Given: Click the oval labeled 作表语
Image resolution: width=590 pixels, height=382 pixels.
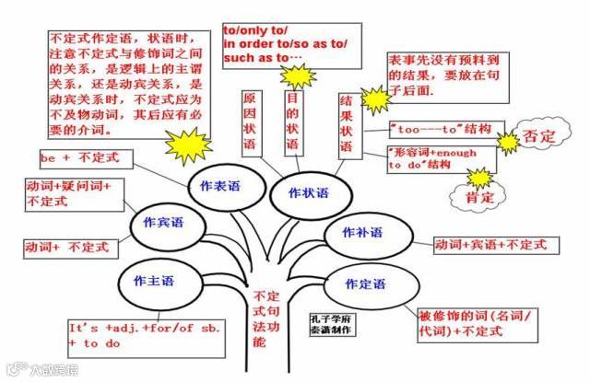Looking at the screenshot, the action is (x=218, y=185).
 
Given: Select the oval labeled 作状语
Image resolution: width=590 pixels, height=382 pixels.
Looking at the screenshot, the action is (x=308, y=192).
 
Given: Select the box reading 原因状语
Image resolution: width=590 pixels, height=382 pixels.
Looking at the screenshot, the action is (x=250, y=122).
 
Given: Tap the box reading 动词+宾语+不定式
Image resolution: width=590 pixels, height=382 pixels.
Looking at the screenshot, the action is (x=490, y=245).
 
